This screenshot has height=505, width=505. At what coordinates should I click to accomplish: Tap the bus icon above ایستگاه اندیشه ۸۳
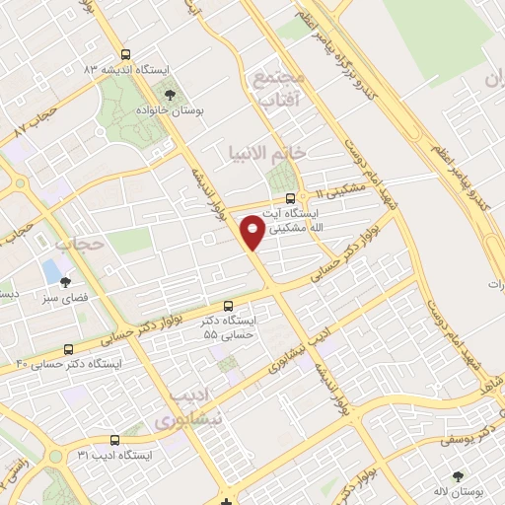click(x=124, y=55)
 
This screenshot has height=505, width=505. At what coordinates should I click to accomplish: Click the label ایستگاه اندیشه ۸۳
click(x=126, y=70)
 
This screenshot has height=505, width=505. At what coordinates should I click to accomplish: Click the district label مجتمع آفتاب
click(x=280, y=89)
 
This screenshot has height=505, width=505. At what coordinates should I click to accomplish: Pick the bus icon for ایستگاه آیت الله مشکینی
click(x=288, y=197)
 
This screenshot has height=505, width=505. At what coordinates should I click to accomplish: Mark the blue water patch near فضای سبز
click(x=50, y=268)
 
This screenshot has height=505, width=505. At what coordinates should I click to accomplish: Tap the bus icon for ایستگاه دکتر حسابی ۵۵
click(x=229, y=306)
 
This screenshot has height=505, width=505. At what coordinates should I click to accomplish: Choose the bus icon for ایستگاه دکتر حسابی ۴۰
click(x=68, y=349)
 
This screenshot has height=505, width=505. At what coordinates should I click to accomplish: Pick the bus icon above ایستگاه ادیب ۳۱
click(x=114, y=440)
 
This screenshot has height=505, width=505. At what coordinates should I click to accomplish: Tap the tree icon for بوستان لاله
click(x=458, y=476)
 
